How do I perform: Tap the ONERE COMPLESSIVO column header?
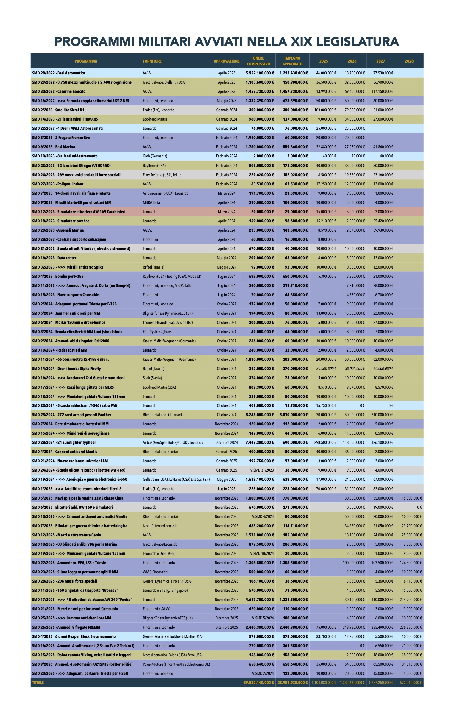[258, 61]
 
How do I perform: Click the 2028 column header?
[409, 61]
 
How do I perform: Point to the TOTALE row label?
[38, 683]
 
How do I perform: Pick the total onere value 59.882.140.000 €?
[259, 683]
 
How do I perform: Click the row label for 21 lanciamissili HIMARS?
[65, 119]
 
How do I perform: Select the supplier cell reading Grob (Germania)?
[155, 156]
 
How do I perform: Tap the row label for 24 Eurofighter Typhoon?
[64, 442]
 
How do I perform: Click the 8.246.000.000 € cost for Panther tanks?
[260, 415]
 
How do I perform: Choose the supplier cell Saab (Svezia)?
[152, 378]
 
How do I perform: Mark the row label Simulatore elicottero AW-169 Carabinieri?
[79, 212]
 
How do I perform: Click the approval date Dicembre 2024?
[226, 442]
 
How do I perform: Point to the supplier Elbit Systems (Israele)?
[159, 332]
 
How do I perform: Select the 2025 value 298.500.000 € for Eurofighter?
[325, 442]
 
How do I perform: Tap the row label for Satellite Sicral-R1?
[58, 110]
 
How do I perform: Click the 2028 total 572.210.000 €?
[411, 683]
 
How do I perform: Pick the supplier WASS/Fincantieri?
[155, 572]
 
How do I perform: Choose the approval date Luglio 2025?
[226, 489]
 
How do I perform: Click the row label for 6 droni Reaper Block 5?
[74, 637]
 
